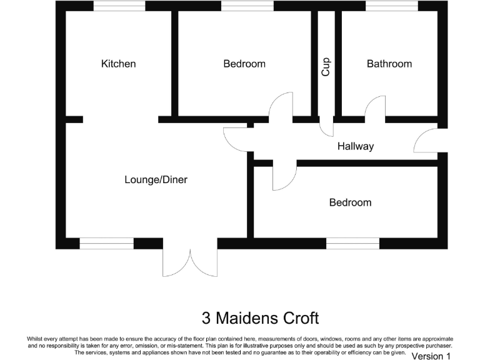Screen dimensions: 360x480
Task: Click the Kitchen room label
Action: pos(118,64)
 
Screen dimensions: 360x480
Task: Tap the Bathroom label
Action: pos(389,64)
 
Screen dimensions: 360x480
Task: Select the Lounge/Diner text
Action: pos(156,180)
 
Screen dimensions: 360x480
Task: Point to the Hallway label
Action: pos(355,146)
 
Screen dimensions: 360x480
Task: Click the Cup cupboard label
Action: pos(326,67)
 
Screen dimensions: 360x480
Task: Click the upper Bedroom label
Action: pos(244,64)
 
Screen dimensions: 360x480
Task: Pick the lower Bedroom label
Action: pos(350,202)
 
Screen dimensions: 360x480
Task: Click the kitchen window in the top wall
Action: pos(119,6)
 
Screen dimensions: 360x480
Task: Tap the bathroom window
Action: pos(392,6)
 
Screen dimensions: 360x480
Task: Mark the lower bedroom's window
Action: pos(352,244)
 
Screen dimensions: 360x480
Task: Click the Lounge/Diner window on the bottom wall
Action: pos(106,244)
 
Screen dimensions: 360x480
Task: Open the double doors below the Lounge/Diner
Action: pos(190,261)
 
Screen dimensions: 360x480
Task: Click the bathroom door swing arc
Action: pos(375,107)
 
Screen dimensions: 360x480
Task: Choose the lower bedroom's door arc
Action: pos(282,176)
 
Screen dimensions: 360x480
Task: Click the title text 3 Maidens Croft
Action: pos(260,318)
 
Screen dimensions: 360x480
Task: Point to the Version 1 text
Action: pos(431,356)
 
